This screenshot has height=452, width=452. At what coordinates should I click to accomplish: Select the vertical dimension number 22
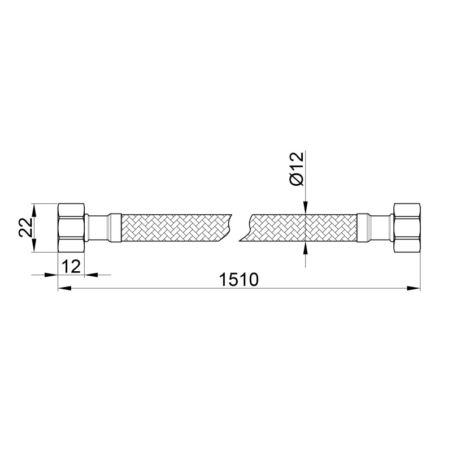(x=24, y=228)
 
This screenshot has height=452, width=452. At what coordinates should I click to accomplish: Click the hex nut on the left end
(x=72, y=228)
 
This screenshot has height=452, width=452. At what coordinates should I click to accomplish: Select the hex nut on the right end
(x=407, y=228)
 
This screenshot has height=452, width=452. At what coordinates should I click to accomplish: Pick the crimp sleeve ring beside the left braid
(x=115, y=228)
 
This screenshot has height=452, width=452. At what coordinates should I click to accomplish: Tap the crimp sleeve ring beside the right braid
(x=363, y=228)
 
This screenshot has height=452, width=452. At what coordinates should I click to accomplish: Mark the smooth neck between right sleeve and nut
(x=381, y=228)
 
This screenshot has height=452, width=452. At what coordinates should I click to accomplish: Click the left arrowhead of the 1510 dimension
(x=64, y=289)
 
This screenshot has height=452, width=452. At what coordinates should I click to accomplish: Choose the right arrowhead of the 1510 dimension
(x=415, y=289)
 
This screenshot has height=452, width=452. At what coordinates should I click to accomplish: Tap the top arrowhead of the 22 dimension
(x=34, y=209)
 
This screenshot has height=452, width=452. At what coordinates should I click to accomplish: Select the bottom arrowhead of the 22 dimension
(x=34, y=246)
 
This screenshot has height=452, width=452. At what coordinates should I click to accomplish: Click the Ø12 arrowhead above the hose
(x=305, y=209)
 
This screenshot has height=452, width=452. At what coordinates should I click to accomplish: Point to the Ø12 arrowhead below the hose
(x=305, y=247)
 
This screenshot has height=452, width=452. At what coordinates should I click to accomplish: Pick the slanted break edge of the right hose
(x=246, y=228)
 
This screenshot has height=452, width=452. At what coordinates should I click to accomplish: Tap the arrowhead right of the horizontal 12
(x=89, y=275)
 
